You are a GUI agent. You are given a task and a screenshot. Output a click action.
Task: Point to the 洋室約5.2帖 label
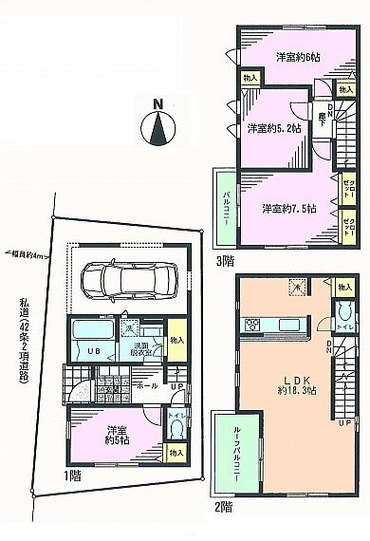274,128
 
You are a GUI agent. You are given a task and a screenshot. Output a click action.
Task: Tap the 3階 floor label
225,259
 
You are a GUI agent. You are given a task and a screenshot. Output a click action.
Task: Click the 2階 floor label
225,508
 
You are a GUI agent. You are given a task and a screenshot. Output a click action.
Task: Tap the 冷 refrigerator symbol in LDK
296,288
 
